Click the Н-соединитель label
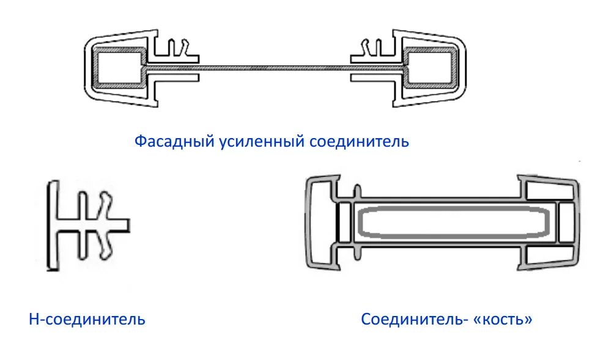click(x=87, y=318)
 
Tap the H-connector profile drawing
click(x=86, y=226)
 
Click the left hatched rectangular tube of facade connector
click(x=119, y=67)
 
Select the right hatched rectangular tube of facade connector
click(x=431, y=67)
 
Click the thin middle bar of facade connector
click(x=275, y=64)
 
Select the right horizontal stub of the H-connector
click(x=120, y=225)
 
